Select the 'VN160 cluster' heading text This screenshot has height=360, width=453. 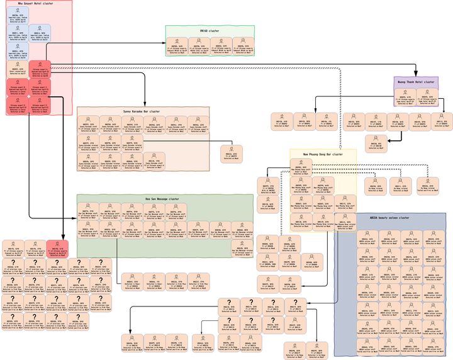pos(210,30)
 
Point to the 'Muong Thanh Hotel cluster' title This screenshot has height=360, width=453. pos(416,82)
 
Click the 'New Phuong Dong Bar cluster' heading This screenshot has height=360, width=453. pos(323,154)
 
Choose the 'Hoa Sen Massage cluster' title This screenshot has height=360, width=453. pos(164,199)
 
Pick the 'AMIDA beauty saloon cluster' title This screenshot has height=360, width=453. pos(390,218)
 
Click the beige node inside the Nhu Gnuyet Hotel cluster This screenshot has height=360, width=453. pos(17,69)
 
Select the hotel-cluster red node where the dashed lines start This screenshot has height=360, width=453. pos(40,69)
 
